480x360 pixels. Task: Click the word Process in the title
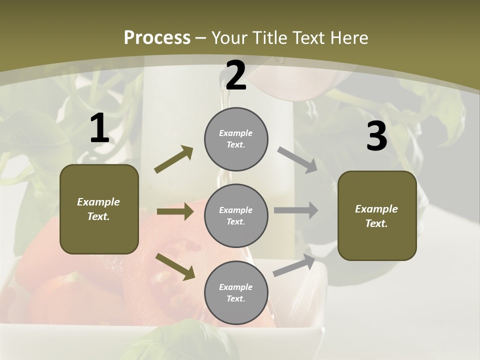click(157, 38)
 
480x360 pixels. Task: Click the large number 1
click(99, 128)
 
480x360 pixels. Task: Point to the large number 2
click(236, 75)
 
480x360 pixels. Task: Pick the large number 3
click(376, 136)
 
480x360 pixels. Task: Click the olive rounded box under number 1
click(99, 209)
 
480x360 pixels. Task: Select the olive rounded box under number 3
click(377, 215)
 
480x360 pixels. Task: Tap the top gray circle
click(236, 139)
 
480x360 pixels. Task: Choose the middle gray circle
click(236, 215)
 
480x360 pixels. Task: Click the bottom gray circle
click(236, 292)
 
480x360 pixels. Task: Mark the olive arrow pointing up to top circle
click(174, 159)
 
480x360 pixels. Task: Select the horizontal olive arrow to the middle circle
click(175, 211)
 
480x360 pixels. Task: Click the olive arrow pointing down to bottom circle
click(175, 266)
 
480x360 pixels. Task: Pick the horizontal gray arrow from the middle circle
click(296, 210)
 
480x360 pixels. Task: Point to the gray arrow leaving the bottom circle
click(294, 265)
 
